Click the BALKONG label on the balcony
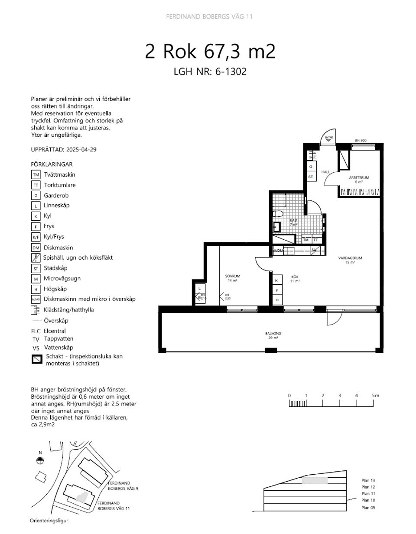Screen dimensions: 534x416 point(273,334)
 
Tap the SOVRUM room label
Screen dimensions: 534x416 point(232,276)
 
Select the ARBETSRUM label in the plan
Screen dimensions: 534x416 point(359,178)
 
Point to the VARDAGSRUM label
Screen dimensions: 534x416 point(350,258)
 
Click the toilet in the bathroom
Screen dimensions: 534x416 point(278,213)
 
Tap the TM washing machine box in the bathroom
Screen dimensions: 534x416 point(306,240)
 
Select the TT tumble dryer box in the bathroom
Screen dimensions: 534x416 point(316,240)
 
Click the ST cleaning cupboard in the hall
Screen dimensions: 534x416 point(311,177)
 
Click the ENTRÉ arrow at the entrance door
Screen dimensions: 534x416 point(328,139)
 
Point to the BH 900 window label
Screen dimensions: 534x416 point(361,141)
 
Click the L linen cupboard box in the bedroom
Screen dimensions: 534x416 point(199,288)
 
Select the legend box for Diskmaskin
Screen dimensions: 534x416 point(36,248)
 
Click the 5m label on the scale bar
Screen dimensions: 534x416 point(375,396)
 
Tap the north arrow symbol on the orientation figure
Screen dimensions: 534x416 point(40,460)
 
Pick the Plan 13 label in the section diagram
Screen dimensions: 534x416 point(368,480)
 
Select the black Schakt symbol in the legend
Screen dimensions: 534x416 point(36,359)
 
